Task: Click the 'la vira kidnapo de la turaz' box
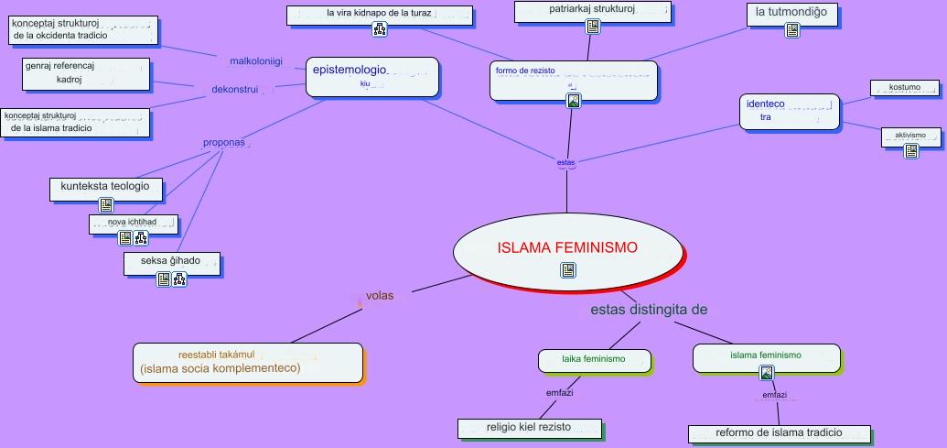tap(380, 14)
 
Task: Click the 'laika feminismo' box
tap(593, 360)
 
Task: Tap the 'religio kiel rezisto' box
tap(530, 427)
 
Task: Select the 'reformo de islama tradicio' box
tap(780, 432)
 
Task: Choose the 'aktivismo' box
tap(911, 136)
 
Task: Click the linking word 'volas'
tap(379, 296)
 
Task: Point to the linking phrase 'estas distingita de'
tap(649, 310)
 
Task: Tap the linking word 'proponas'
tap(223, 143)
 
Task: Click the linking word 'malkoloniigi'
tap(255, 61)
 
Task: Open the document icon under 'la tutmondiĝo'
tap(793, 31)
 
